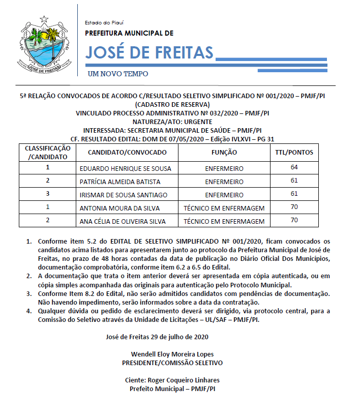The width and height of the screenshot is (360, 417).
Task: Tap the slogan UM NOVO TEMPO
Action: [x=118, y=74]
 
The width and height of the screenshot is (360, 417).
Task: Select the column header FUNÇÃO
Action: [x=224, y=153]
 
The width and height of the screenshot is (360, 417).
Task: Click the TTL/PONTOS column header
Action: [x=294, y=153]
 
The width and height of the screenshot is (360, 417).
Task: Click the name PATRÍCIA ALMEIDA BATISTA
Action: [x=120, y=182]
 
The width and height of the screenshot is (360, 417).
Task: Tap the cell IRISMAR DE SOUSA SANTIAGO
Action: [x=124, y=195]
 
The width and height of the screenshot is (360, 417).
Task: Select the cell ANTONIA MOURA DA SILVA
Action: [x=119, y=208]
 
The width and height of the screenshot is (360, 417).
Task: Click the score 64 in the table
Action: [x=294, y=167]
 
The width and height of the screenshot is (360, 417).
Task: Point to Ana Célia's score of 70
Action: [x=294, y=220]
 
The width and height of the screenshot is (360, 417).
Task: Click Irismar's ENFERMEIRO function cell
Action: [x=224, y=195]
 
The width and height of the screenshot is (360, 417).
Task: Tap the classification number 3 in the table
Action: [x=47, y=194]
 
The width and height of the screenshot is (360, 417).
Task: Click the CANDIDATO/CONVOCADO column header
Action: [x=127, y=153]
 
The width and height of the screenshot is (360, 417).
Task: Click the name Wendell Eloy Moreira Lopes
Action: [x=172, y=354]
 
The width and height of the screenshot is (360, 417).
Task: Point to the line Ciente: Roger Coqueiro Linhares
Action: [x=172, y=380]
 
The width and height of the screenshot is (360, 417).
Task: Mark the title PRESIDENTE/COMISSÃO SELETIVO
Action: [x=172, y=363]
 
